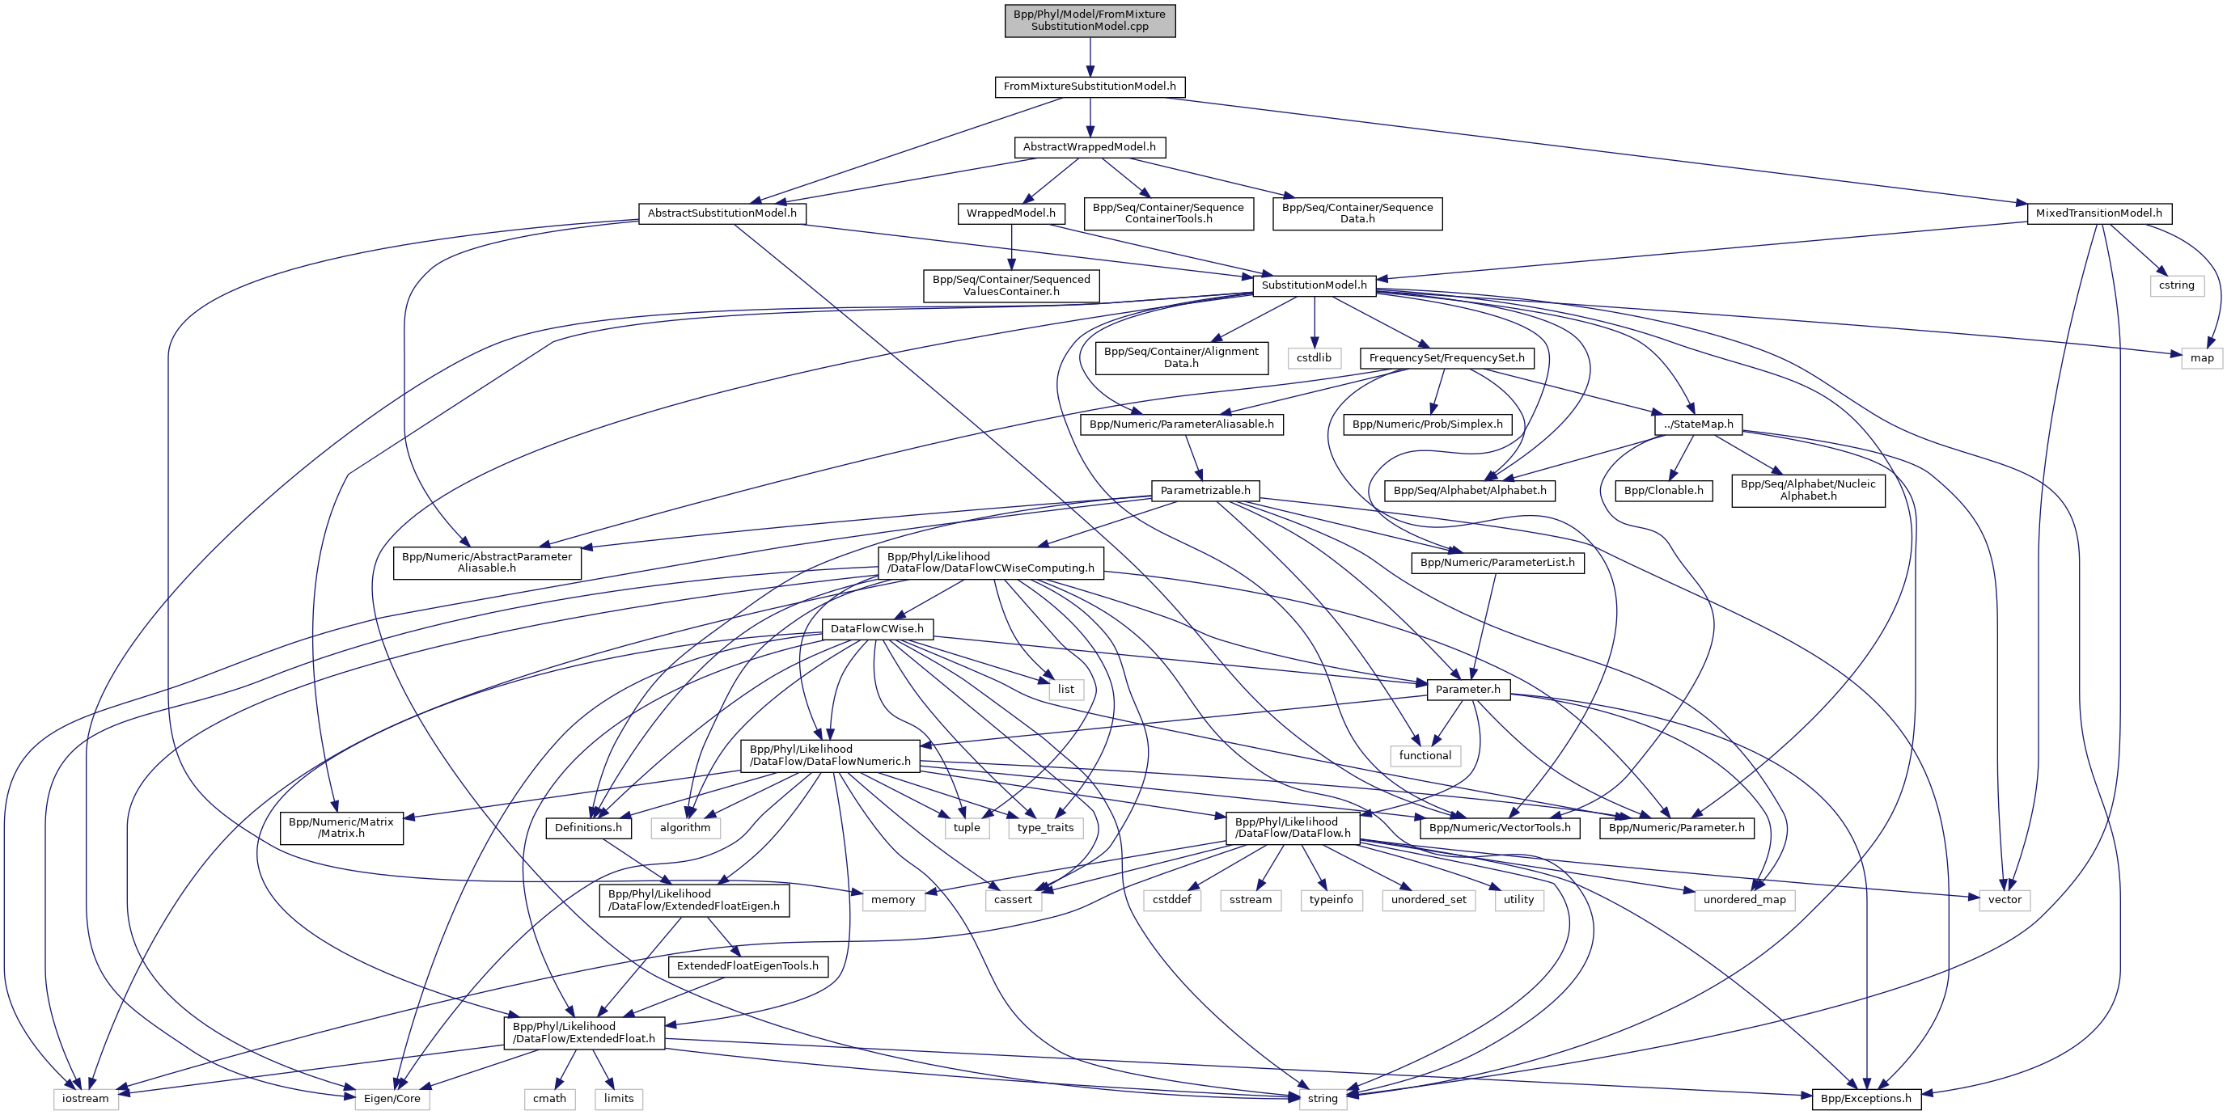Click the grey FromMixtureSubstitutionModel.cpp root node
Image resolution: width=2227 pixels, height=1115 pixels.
[x=1090, y=20]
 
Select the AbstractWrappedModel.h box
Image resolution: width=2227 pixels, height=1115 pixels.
[x=1090, y=147]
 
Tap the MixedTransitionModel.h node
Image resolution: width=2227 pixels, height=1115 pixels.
[x=2098, y=213]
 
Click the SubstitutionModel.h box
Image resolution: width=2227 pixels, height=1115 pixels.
[x=1314, y=285]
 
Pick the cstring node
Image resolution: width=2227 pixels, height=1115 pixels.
[x=2176, y=285]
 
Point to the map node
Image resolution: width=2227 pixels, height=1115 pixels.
[x=2201, y=358]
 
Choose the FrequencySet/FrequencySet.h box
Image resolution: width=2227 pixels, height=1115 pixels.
[x=1446, y=358]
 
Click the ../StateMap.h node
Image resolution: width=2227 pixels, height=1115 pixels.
[x=1698, y=424]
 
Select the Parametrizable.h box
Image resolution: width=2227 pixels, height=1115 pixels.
[x=1205, y=490]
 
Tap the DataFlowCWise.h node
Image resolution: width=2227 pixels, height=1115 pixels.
[x=877, y=628]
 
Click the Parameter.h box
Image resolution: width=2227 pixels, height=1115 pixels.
[x=1468, y=689]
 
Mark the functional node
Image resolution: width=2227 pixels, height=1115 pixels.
[x=1425, y=755]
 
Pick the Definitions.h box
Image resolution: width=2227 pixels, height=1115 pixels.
[x=588, y=827]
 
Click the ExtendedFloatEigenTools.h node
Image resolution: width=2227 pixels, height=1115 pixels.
[x=747, y=965]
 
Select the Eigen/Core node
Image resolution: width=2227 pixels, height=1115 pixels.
[x=392, y=1099]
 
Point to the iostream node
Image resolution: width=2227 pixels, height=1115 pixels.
[x=86, y=1099]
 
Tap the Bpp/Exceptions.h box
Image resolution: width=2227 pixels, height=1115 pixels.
[x=1865, y=1099]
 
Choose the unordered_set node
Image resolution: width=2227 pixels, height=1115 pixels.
[x=1429, y=900]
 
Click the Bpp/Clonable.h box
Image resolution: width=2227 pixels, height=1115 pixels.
[x=1663, y=490]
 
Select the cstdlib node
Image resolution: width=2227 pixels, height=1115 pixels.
[x=1314, y=358]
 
